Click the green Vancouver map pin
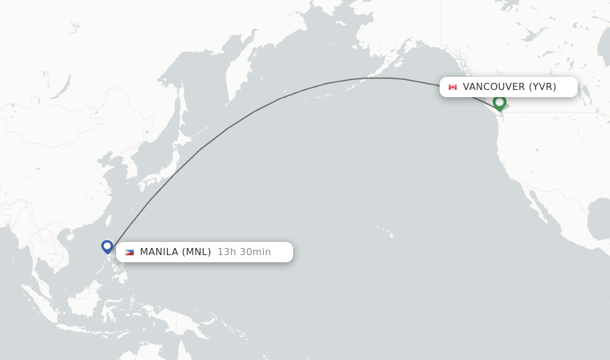click(499, 103)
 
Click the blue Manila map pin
click(107, 246)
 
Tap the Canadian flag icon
click(453, 87)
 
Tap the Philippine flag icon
click(129, 252)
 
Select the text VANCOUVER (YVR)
click(509, 87)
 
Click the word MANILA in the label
click(159, 252)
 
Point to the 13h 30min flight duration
click(244, 252)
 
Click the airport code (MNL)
click(197, 252)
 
